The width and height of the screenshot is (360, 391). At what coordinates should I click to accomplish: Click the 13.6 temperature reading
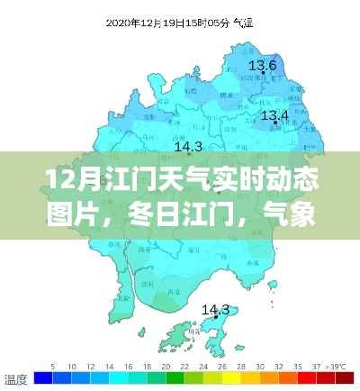pos(262,65)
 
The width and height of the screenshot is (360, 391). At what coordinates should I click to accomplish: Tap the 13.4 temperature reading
pos(274,116)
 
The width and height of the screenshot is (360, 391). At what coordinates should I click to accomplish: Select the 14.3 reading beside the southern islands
pos(215,310)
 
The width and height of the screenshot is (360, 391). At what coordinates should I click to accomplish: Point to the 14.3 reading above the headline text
pos(187,146)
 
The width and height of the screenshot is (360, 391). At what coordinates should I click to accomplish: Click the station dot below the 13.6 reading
pos(262,77)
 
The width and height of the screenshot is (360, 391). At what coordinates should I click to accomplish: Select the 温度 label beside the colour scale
pos(15,379)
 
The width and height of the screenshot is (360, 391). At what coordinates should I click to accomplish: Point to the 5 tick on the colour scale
pos(53,367)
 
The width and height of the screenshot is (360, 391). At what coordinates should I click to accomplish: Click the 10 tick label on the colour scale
pos(90,367)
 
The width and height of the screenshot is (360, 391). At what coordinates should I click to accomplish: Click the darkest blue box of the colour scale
pos(40,380)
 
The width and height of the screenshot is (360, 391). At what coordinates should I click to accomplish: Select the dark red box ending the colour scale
pos(343,380)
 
